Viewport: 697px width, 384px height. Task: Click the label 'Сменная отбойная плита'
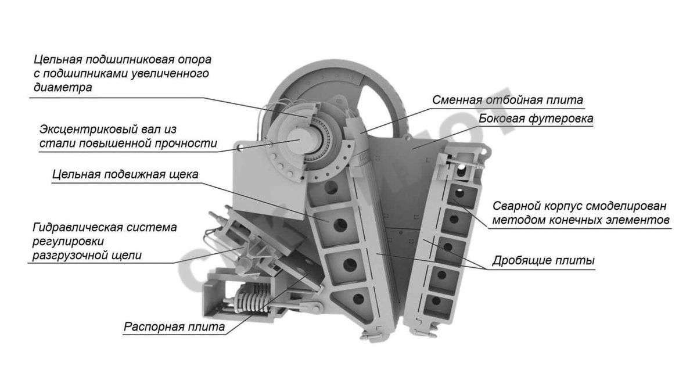coord(507,99)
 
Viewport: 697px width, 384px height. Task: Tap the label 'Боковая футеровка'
coord(536,119)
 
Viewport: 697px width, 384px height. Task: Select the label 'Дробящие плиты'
coord(543,261)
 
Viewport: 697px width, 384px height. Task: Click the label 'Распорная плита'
coord(174,327)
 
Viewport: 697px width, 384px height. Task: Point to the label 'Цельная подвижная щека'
coord(125,174)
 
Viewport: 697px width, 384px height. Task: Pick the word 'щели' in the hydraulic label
coord(127,255)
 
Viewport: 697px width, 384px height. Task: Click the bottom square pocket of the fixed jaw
coord(432,302)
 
